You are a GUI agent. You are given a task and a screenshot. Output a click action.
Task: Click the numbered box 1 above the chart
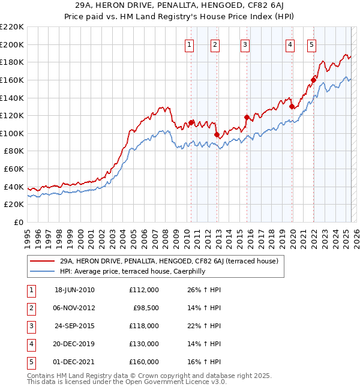pyautogui.click(x=189, y=44)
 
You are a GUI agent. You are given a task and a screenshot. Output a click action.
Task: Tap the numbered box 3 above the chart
pyautogui.click(x=245, y=44)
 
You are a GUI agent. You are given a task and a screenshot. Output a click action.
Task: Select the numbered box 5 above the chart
pyautogui.click(x=312, y=44)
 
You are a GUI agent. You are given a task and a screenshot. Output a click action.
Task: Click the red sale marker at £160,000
pyautogui.click(x=313, y=80)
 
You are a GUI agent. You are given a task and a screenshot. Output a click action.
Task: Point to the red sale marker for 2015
pyautogui.click(x=247, y=118)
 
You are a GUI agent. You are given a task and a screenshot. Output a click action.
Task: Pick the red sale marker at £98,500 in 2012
pyautogui.click(x=217, y=134)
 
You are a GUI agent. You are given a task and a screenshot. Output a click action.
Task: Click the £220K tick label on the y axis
pyautogui.click(x=12, y=27)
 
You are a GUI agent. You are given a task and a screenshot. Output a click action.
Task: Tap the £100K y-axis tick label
pyautogui.click(x=12, y=133)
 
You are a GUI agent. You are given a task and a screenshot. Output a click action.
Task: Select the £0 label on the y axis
pyautogui.click(x=19, y=222)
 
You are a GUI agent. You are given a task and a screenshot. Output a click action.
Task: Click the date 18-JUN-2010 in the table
pyautogui.click(x=74, y=290)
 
